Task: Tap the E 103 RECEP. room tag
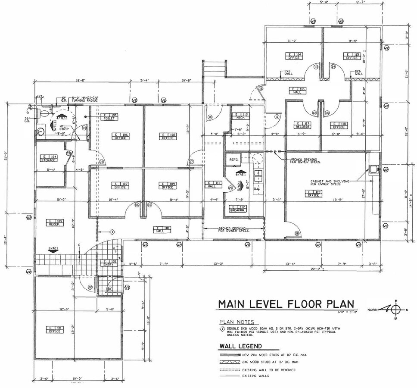point(55,222)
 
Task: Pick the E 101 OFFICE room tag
point(54,330)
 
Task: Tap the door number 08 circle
point(297,233)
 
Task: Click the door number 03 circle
point(68,153)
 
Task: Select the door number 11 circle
point(277,116)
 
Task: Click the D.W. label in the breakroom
point(258,188)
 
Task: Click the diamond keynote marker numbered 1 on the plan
point(112,232)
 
